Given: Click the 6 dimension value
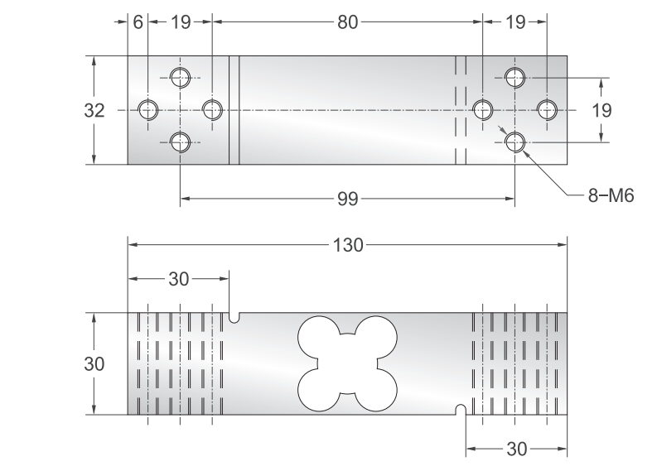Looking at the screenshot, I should point(138,22).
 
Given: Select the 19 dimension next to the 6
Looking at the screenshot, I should point(181,22).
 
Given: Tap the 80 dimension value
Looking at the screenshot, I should point(347,22).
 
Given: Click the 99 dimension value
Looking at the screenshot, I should point(349,198).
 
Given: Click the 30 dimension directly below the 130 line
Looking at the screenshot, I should point(178,279).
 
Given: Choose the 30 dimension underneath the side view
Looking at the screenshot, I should point(516,449).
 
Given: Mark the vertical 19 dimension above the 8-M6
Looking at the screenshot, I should point(601,110).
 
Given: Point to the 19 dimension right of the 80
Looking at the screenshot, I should point(514,22).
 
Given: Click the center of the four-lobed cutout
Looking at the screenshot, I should point(339,363).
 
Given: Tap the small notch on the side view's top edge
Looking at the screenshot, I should point(235,316).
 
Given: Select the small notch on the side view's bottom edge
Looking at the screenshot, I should point(461,410).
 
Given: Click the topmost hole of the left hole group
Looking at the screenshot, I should point(181,78).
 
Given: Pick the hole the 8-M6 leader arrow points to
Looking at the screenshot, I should point(515,142).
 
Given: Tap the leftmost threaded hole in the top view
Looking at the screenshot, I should point(148,109).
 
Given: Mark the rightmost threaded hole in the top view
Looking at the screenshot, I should point(547,109).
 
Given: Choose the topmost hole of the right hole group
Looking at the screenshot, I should point(515,78).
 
